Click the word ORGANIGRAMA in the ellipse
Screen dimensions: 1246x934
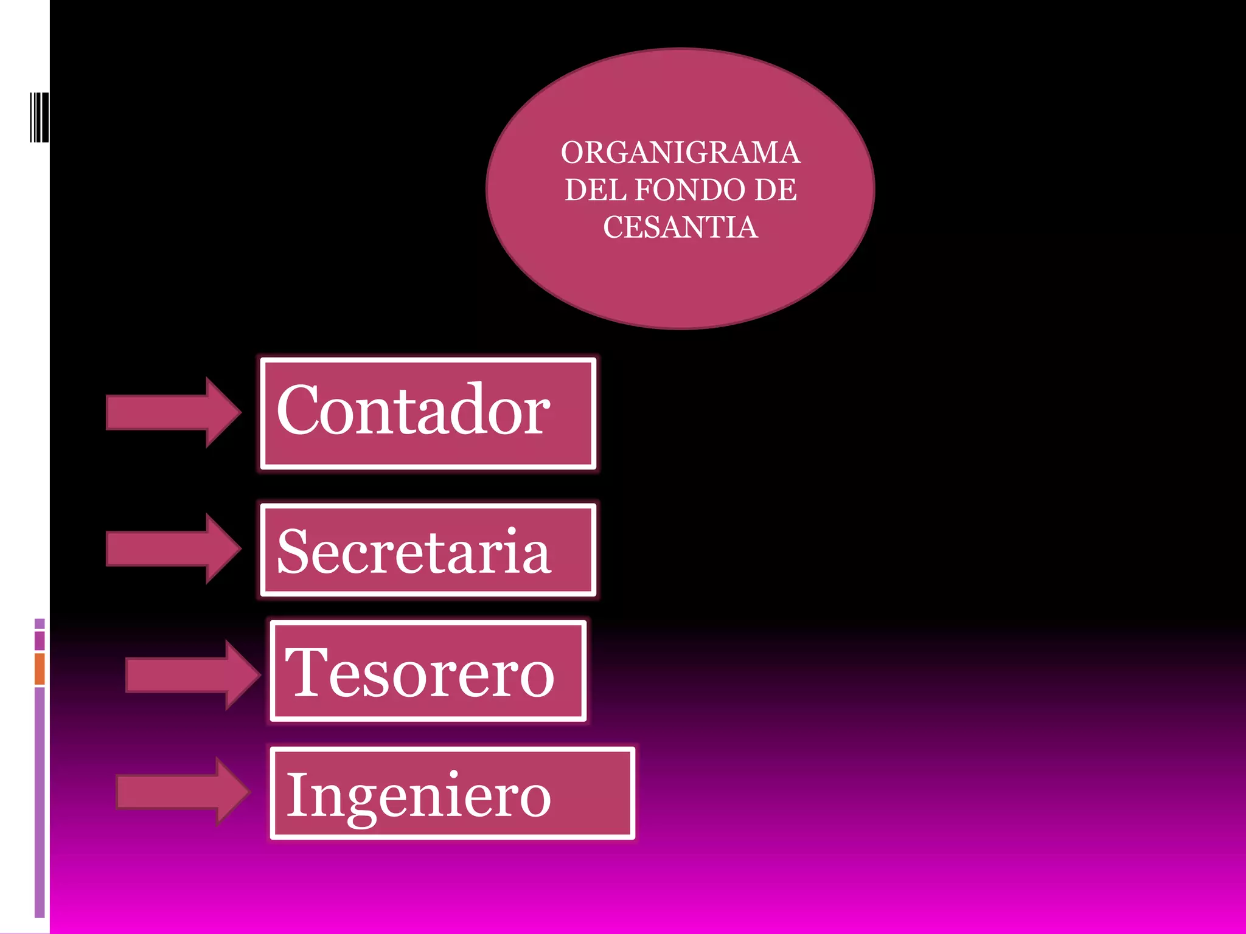click(x=680, y=153)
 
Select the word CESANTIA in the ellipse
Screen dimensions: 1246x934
click(x=680, y=227)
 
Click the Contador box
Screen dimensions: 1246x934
click(x=428, y=413)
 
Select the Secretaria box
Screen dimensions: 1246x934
click(x=428, y=550)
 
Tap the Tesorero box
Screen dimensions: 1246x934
click(x=428, y=671)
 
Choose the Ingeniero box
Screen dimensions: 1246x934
click(x=452, y=793)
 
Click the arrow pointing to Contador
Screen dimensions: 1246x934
click(x=173, y=412)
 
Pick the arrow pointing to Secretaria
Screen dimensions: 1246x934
click(x=173, y=548)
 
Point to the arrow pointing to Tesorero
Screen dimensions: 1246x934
click(x=192, y=675)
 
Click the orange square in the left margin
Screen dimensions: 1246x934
click(x=40, y=668)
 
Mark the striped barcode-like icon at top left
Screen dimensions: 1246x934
click(x=39, y=117)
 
